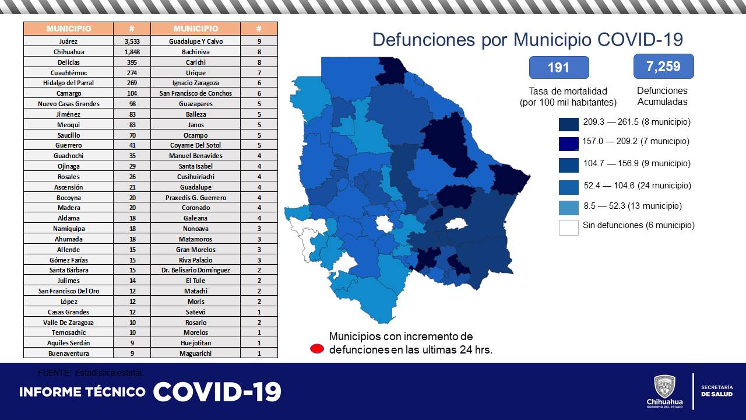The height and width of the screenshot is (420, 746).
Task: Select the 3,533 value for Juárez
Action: point(132,41)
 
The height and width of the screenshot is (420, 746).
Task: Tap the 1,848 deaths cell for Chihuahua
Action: point(132,52)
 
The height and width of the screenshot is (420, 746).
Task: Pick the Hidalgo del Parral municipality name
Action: point(69,83)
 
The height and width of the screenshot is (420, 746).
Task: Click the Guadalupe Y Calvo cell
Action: point(196,41)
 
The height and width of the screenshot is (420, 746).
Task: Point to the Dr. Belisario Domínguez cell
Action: point(196,270)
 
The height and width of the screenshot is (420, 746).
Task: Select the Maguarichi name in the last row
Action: point(196,353)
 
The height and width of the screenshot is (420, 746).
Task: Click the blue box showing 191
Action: point(558,68)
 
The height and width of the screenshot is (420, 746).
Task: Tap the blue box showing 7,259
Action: point(663,66)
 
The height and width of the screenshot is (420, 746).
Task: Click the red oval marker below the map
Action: point(317,349)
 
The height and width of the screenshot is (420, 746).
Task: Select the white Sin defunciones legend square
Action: point(568,227)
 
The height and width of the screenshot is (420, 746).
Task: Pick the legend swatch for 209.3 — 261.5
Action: point(568,124)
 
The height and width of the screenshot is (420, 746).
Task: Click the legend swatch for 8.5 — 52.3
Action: point(568,207)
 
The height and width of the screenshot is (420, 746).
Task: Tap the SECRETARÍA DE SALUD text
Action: point(716,391)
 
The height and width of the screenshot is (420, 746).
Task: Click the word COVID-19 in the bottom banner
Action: point(217,391)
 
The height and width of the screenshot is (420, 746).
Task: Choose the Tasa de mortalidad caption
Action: point(568,91)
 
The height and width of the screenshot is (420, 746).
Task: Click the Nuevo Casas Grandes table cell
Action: point(69,104)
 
